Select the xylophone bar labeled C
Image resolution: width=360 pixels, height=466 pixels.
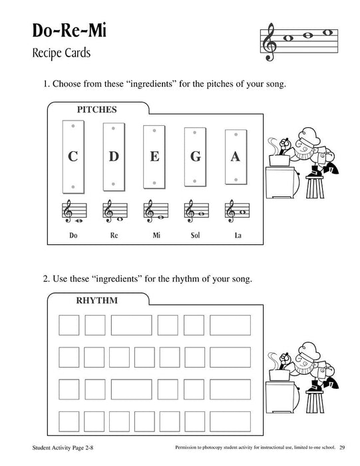tap(73, 157)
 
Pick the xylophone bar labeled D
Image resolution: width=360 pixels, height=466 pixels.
tap(114, 157)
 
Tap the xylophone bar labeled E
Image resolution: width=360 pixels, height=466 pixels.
tap(154, 157)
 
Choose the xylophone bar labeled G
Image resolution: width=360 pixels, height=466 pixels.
tap(195, 157)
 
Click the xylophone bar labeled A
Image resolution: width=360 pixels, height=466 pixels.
tap(235, 157)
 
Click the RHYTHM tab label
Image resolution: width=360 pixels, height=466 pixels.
tap(97, 300)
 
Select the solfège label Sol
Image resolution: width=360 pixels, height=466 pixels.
tap(195, 236)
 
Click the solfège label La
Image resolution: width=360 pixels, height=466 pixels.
tap(236, 236)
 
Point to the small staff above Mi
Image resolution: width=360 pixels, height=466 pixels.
tap(154, 212)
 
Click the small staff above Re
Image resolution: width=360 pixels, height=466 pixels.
tap(114, 212)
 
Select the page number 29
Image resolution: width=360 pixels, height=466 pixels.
tap(341, 457)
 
